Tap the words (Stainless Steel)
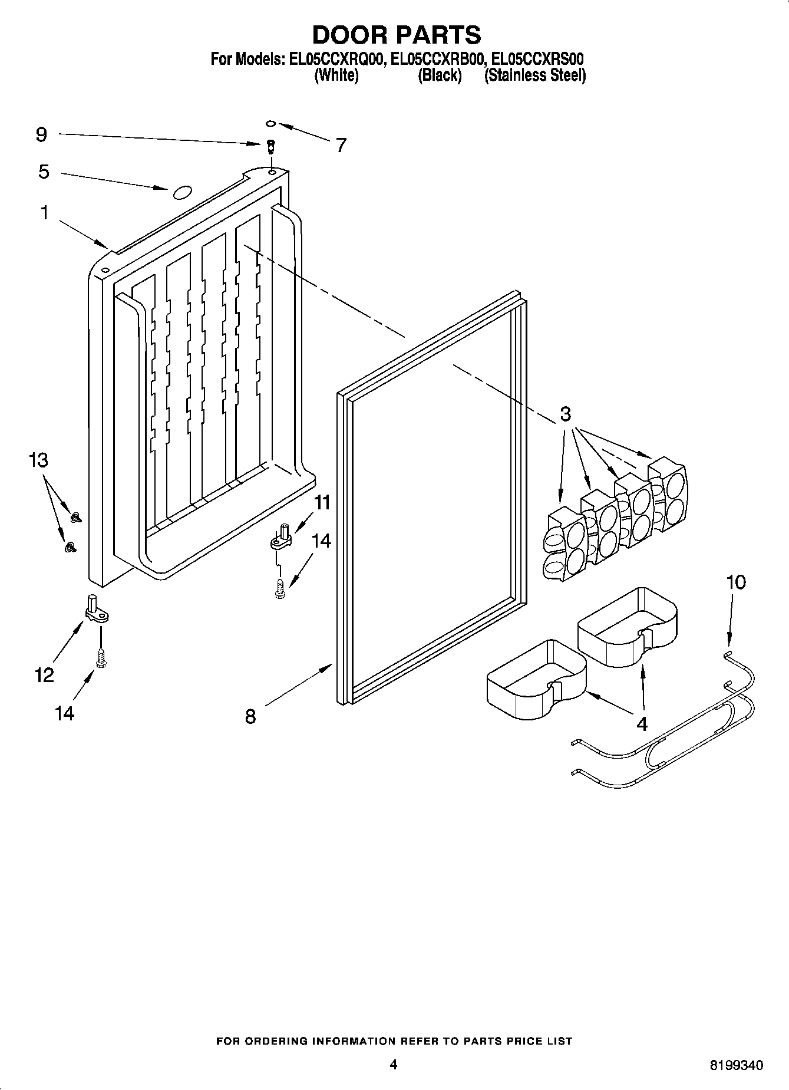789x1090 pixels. [534, 75]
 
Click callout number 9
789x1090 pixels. [41, 134]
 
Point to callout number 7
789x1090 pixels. [341, 144]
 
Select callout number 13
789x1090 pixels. [39, 459]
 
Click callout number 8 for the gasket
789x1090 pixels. [250, 716]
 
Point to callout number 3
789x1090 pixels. [564, 414]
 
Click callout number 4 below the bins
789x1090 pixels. [642, 723]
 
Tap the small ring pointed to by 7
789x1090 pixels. [270, 124]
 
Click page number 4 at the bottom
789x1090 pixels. [394, 1064]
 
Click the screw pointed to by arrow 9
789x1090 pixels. [270, 145]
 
